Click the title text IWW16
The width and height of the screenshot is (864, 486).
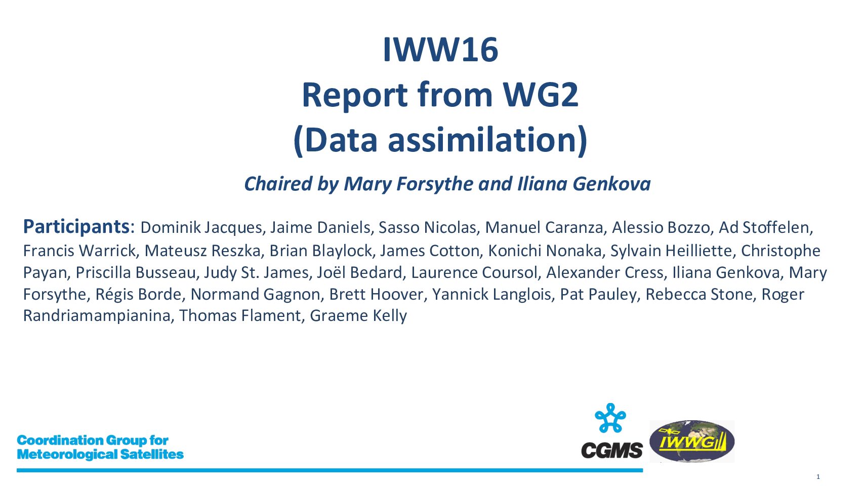[440, 50]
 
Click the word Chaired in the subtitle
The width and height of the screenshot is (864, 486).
[278, 184]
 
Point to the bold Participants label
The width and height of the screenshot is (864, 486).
[76, 226]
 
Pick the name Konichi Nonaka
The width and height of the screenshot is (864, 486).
[545, 251]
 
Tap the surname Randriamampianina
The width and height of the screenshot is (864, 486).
[97, 316]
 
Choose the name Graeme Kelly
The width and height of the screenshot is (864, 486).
[358, 315]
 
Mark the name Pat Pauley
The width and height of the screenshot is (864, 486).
[598, 294]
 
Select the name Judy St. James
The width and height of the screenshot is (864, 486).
[256, 273]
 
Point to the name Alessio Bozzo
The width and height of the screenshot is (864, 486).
[661, 228]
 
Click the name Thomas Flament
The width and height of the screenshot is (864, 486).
[239, 315]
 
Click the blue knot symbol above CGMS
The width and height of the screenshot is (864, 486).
[610, 418]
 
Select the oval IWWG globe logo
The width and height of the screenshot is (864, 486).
[692, 441]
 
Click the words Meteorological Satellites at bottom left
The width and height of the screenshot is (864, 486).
[100, 455]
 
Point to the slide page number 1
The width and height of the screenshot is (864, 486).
[818, 477]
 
